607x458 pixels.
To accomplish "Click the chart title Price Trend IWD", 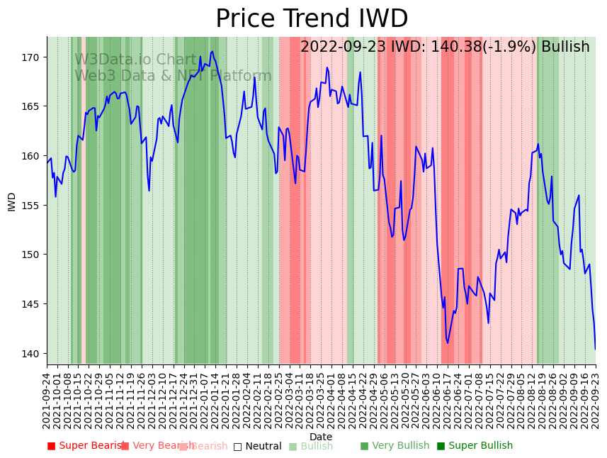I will coord(312,19).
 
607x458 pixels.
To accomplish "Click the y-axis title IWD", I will coord(12,201).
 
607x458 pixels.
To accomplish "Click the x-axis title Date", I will coord(321,437).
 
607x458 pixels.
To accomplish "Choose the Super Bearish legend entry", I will coord(86,446).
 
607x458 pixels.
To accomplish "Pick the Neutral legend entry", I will coord(258,446).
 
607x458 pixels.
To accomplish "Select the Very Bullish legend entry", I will coord(395,446).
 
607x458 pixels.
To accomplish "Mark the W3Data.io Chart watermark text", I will coord(135,60).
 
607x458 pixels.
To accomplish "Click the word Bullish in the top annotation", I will coord(565,48).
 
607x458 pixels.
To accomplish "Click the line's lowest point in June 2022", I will coord(448,343).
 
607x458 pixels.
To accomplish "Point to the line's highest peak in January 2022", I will coord(212,51).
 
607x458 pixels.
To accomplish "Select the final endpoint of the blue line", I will coord(595,349).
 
